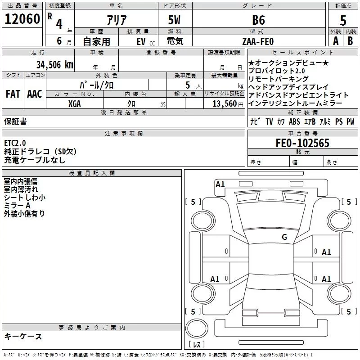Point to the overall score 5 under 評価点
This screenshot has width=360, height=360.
pyautogui.click(x=343, y=21)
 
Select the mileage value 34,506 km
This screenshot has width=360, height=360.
pyautogui.click(x=55, y=64)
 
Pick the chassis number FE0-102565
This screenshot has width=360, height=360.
pyautogui.click(x=302, y=144)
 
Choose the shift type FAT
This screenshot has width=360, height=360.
pyautogui.click(x=13, y=94)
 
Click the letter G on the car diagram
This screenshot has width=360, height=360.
pyautogui.click(x=284, y=237)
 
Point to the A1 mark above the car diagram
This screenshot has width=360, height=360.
pyautogui.click(x=220, y=184)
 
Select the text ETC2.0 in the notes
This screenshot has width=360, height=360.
pyautogui.click(x=15, y=143)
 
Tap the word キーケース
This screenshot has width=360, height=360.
pyautogui.click(x=23, y=336)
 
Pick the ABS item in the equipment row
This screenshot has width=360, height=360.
pyautogui.click(x=294, y=121)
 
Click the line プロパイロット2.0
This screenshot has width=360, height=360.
pyautogui.click(x=279, y=71)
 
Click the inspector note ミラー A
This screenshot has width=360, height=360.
pyautogui.click(x=17, y=205)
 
